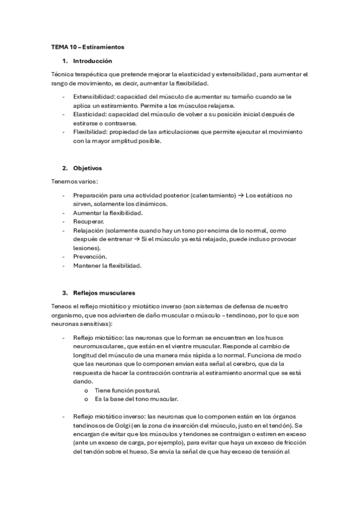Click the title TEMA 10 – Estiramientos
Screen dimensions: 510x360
point(87,46)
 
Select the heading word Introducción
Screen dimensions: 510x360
point(92,61)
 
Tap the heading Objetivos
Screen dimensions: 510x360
point(88,168)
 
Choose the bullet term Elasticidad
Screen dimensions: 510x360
point(90,114)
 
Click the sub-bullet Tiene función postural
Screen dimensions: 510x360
point(119,390)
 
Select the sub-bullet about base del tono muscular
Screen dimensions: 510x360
point(124,399)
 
